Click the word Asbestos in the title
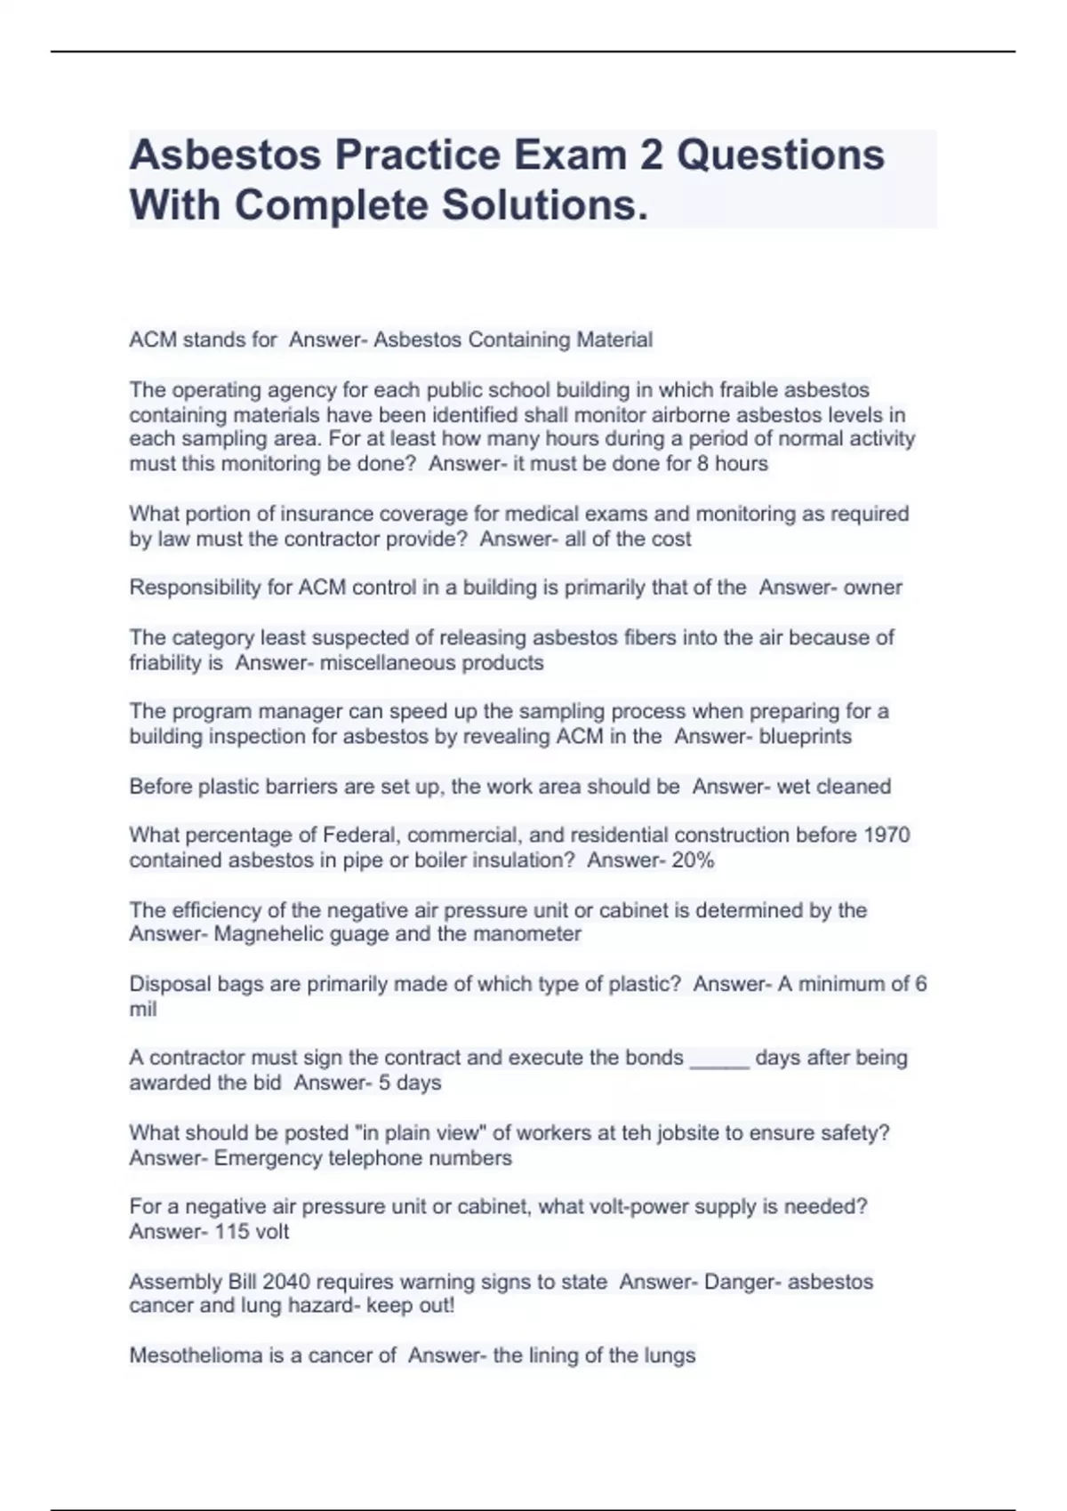point(226,155)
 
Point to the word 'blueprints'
point(805,737)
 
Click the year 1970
point(886,835)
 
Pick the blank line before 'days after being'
point(719,1059)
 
